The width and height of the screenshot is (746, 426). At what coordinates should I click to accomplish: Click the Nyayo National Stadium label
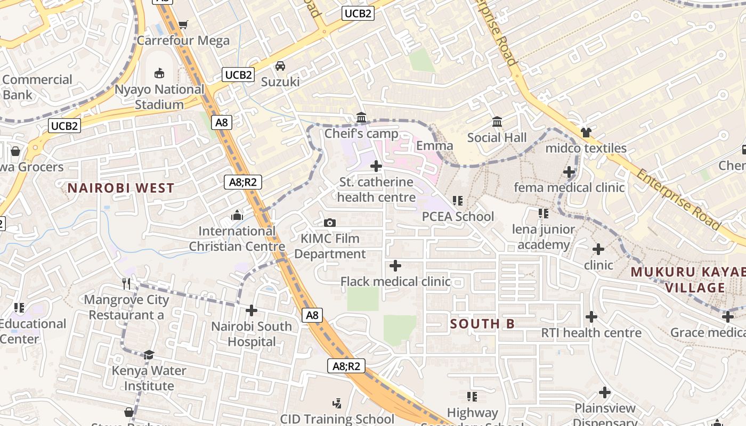pyautogui.click(x=159, y=97)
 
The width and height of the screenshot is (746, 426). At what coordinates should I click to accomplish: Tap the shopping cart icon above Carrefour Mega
pyautogui.click(x=183, y=24)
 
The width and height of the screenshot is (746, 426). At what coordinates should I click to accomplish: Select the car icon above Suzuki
pyautogui.click(x=280, y=66)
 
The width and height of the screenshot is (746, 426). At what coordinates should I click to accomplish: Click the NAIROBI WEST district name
pyautogui.click(x=121, y=188)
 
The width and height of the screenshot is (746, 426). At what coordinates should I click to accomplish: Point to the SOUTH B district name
pyautogui.click(x=482, y=324)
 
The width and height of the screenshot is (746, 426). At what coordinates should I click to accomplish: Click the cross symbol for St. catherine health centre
pyautogui.click(x=376, y=166)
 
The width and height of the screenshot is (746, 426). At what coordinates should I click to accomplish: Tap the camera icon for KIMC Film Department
pyautogui.click(x=330, y=223)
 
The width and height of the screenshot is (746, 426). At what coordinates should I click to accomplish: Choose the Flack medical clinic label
pyautogui.click(x=395, y=281)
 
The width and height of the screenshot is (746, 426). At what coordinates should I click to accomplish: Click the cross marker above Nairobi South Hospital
pyautogui.click(x=252, y=310)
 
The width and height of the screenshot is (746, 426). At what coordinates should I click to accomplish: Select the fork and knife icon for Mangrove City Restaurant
pyautogui.click(x=126, y=283)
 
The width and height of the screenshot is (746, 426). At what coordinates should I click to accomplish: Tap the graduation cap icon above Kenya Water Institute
pyautogui.click(x=149, y=355)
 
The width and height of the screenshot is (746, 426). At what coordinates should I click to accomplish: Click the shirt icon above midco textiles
pyautogui.click(x=586, y=132)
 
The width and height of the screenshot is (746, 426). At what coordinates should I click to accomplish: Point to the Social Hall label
pyautogui.click(x=497, y=138)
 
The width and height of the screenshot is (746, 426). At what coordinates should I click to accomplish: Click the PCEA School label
pyautogui.click(x=458, y=217)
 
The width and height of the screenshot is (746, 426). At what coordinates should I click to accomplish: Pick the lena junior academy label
pyautogui.click(x=544, y=237)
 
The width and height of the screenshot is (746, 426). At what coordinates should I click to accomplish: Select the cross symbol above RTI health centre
pyautogui.click(x=591, y=317)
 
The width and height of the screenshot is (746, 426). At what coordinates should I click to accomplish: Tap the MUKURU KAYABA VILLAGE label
pyautogui.click(x=687, y=280)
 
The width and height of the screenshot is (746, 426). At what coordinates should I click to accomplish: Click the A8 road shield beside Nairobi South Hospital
pyautogui.click(x=312, y=315)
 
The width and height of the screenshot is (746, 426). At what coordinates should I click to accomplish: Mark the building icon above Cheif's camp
pyautogui.click(x=361, y=117)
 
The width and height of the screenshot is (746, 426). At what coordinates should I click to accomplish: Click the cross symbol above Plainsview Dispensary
pyautogui.click(x=604, y=392)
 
